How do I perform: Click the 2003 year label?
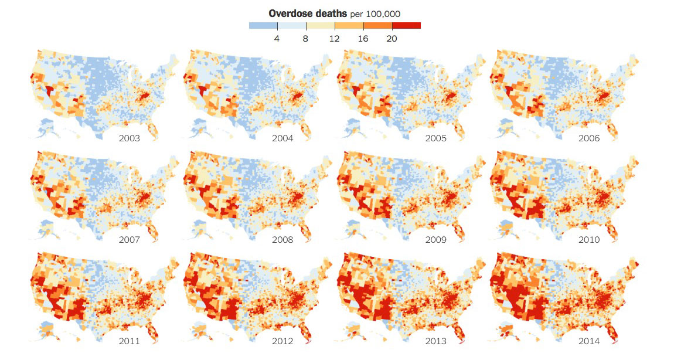129,138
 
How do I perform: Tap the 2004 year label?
282,138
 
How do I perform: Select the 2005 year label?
436,138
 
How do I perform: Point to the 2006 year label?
588,138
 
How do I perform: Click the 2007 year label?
129,240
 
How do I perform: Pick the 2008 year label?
282,240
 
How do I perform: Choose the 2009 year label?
436,240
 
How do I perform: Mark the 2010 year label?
588,240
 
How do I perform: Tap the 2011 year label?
129,341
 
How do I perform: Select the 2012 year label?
282,341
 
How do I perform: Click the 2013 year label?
436,341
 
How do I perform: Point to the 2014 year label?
588,341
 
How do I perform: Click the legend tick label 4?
277,39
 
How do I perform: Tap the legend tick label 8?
306,39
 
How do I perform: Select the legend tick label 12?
335,39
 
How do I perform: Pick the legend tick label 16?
363,39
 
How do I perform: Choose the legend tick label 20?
392,39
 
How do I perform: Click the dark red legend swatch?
406,26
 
